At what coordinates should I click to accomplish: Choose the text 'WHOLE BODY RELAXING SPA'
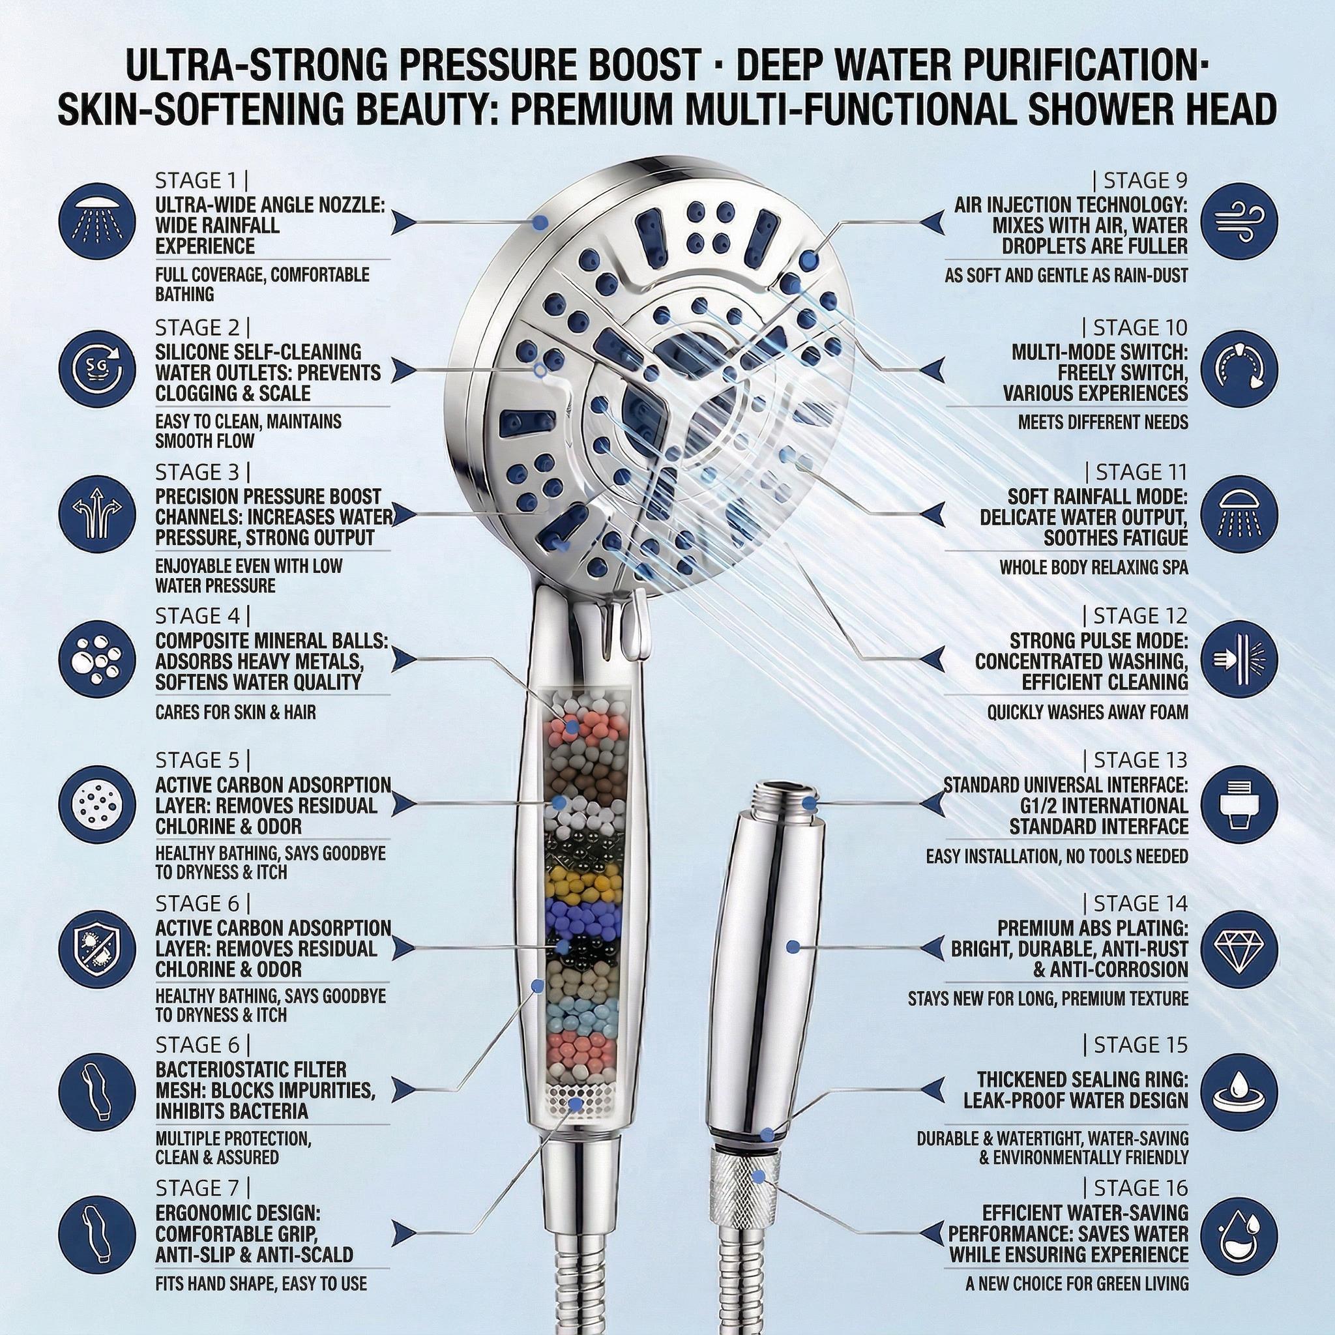tap(1094, 568)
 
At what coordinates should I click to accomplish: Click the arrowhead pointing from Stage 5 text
tap(405, 804)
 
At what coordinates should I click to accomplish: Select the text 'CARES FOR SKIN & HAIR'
tap(235, 712)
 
